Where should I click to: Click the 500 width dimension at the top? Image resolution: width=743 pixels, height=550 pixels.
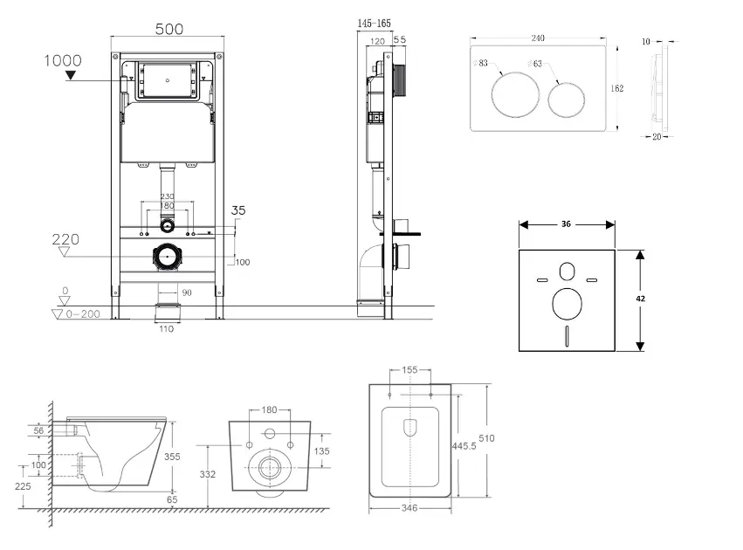click(169, 29)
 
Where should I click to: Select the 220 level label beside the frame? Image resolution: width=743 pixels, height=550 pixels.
click(65, 237)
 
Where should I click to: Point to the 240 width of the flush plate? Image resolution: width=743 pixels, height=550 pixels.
click(538, 38)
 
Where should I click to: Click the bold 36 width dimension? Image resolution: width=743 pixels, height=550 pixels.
click(566, 224)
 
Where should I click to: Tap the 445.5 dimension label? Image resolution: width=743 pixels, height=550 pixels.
click(464, 445)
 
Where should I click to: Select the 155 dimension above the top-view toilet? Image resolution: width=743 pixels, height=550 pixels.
click(409, 370)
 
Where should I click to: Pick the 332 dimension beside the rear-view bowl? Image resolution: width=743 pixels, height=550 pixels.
click(208, 474)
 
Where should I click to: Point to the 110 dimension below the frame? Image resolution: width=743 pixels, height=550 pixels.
click(166, 328)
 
